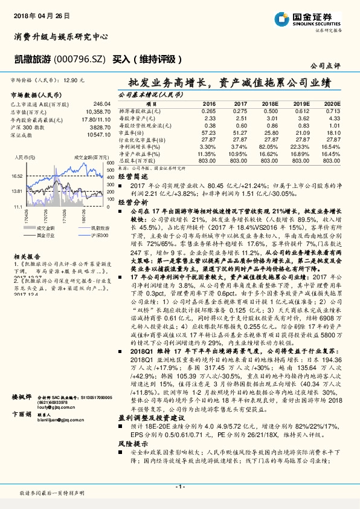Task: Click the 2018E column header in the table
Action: [x=269, y=104]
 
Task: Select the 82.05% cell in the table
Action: [x=269, y=146]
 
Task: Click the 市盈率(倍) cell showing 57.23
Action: [x=208, y=132]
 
